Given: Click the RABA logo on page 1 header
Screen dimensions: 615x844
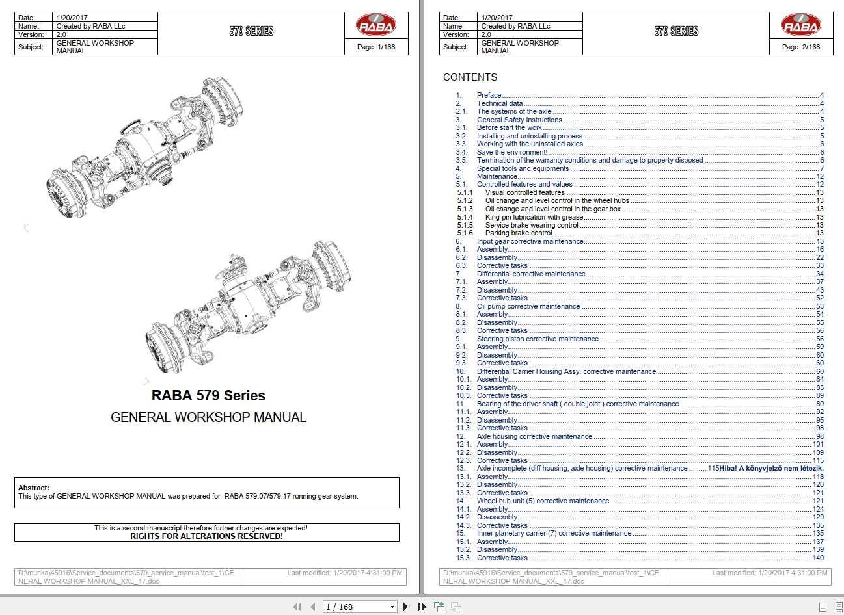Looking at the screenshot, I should pos(375,26).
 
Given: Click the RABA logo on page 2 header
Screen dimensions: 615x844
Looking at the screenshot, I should pos(800,26).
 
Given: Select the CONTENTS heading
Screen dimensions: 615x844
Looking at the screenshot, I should pos(470,77).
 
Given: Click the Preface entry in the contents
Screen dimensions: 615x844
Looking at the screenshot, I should pos(489,95).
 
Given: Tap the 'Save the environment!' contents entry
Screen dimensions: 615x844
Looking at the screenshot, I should pos(511,152).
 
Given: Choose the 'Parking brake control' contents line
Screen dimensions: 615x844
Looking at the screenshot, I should pos(519,233).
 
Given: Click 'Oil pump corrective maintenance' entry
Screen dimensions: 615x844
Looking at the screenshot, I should pos(528,306).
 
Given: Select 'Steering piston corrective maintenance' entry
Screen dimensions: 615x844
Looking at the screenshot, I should pos(538,339).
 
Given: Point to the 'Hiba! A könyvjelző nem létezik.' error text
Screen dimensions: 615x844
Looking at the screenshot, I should pos(771,468).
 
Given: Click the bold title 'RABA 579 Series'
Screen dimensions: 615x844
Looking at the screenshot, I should pos(208,395).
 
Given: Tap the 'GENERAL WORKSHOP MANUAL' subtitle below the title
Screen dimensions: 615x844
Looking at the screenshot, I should pos(208,417).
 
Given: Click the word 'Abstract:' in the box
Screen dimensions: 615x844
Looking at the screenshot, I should pos(34,488).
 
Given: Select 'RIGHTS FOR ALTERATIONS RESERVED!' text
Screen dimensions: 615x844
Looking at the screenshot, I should pos(206,536).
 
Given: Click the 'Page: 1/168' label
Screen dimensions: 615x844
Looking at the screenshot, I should pos(376,47).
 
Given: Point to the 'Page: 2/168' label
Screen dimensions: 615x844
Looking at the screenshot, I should pos(801,47).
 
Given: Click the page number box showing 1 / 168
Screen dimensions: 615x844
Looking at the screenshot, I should pos(359,607).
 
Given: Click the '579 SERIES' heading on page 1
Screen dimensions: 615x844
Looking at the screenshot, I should pos(251,31).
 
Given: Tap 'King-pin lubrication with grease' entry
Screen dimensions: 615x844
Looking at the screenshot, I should pos(534,217).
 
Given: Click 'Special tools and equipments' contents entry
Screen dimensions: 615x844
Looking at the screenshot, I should pos(523,168).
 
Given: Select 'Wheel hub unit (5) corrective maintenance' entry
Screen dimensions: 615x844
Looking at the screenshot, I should pos(543,501).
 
